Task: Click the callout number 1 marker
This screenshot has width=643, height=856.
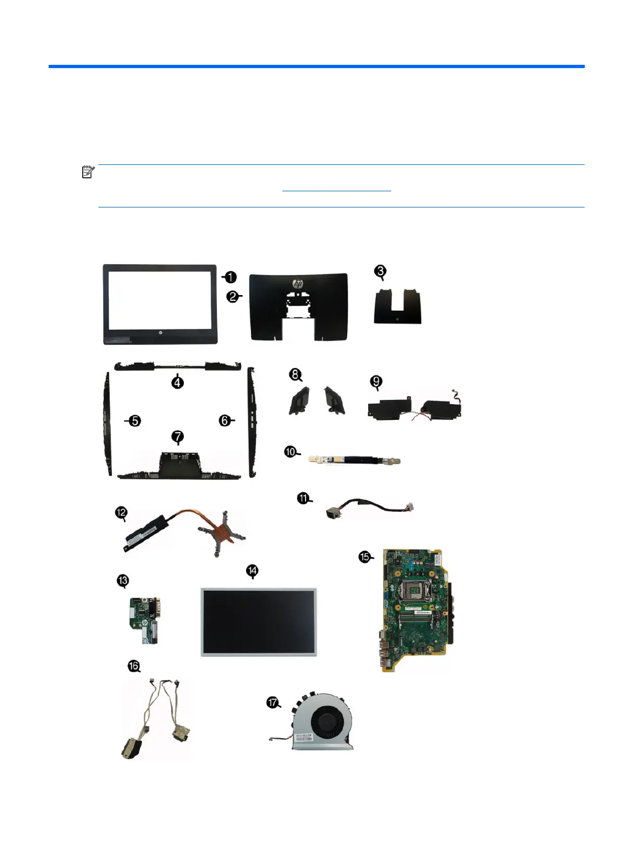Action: tap(230, 277)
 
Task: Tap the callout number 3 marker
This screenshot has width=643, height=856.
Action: tap(381, 271)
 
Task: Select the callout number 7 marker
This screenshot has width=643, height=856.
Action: tap(177, 437)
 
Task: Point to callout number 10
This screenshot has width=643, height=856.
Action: tap(291, 452)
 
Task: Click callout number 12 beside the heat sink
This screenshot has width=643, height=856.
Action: tap(121, 512)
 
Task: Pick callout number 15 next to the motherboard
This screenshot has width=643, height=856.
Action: tap(365, 557)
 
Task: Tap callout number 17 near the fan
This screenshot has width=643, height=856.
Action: tap(273, 703)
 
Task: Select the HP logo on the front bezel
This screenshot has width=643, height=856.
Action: tap(161, 335)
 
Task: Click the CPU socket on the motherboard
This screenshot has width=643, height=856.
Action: tap(418, 589)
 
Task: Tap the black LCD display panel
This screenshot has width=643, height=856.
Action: tap(258, 621)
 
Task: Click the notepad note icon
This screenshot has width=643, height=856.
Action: tap(88, 172)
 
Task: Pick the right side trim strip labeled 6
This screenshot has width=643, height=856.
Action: tap(251, 422)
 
